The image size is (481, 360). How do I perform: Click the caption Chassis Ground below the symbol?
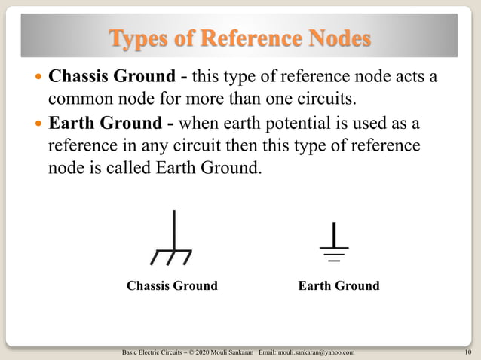(x=172, y=286)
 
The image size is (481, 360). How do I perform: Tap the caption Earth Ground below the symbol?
(x=339, y=286)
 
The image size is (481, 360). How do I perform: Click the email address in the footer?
(x=316, y=352)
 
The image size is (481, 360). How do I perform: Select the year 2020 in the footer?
(x=203, y=352)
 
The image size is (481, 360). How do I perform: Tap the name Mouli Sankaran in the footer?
(x=234, y=352)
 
